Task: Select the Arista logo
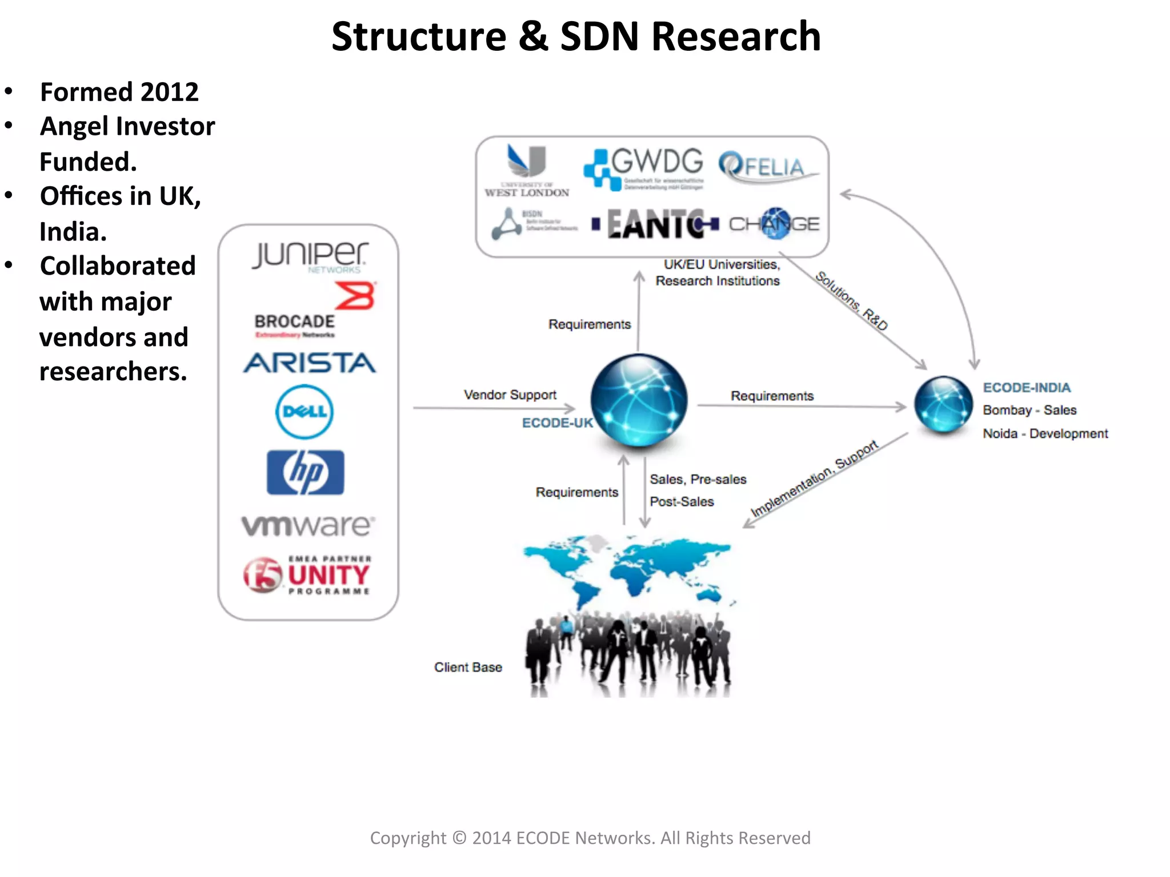[309, 363]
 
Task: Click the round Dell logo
[304, 412]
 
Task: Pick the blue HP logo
[305, 472]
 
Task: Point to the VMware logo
[308, 525]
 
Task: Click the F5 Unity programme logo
[308, 575]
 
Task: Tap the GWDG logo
[643, 168]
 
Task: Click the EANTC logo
[655, 224]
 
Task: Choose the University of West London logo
[527, 171]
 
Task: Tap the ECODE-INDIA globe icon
[943, 404]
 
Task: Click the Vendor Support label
[510, 395]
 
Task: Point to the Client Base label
[468, 667]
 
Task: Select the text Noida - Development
[1045, 433]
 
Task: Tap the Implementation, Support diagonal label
[814, 478]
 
